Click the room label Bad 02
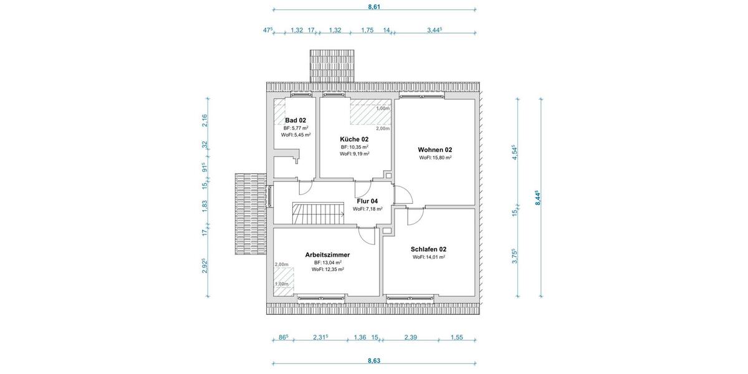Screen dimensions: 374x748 [x=295, y=120]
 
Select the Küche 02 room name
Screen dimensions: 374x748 [x=354, y=139]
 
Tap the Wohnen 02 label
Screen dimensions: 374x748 [x=434, y=150]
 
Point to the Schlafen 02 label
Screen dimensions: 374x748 [x=428, y=249]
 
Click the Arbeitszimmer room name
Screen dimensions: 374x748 [x=327, y=254]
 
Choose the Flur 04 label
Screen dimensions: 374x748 [x=367, y=201]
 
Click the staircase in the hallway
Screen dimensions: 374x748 [x=318, y=213]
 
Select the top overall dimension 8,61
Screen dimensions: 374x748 [x=374, y=7]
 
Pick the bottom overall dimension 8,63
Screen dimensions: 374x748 [x=374, y=360]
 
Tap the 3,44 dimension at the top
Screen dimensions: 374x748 [x=434, y=29]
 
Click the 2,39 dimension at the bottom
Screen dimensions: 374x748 [x=410, y=337]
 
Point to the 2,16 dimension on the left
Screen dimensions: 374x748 [x=204, y=120]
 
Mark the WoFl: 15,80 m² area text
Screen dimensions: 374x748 [x=435, y=158]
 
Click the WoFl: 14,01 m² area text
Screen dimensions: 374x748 [x=428, y=257]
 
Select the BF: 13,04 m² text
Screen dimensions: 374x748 [x=327, y=262]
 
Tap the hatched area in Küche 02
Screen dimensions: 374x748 [x=369, y=112]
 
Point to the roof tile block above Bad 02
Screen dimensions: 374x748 [x=332, y=65]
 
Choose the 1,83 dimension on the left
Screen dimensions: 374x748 [x=204, y=207]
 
